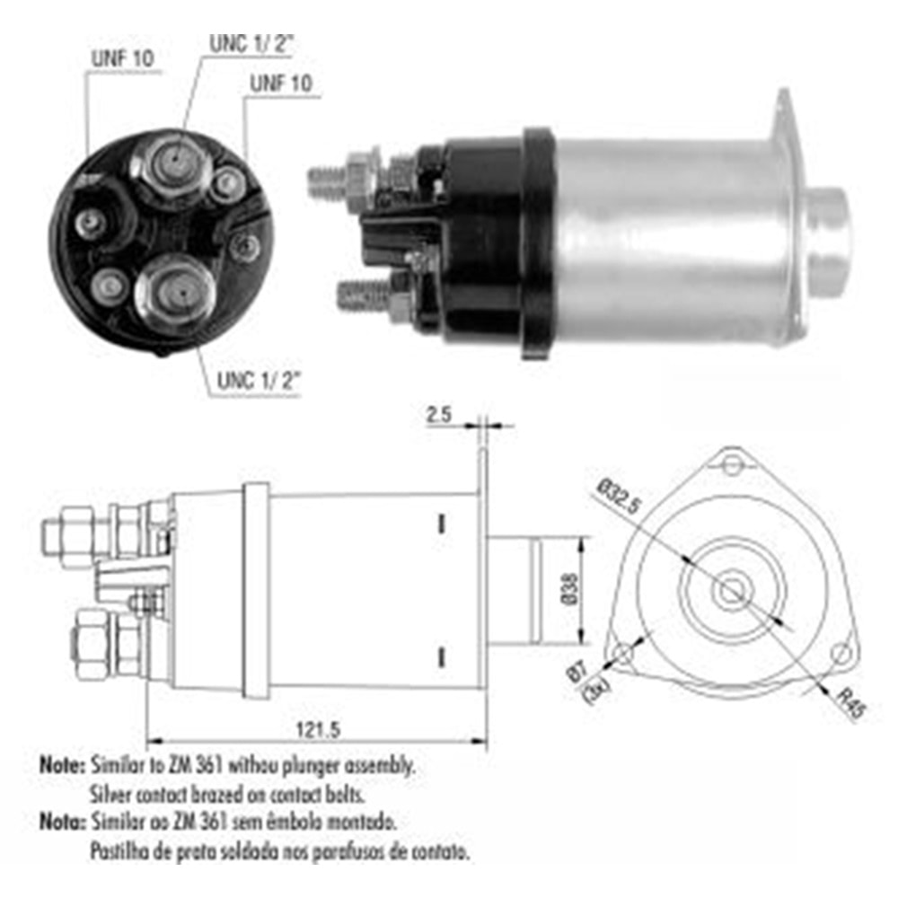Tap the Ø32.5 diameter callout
(617, 499)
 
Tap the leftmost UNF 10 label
(121, 58)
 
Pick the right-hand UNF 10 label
(280, 84)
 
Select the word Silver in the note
(110, 794)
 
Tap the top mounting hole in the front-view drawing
(734, 464)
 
